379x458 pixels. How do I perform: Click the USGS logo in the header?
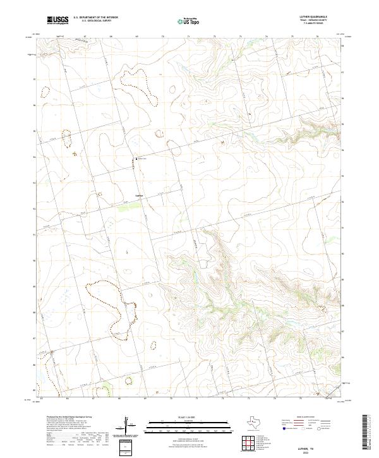pyautogui.click(x=57, y=20)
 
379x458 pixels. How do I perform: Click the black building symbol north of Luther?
pyautogui.click(x=134, y=158)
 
